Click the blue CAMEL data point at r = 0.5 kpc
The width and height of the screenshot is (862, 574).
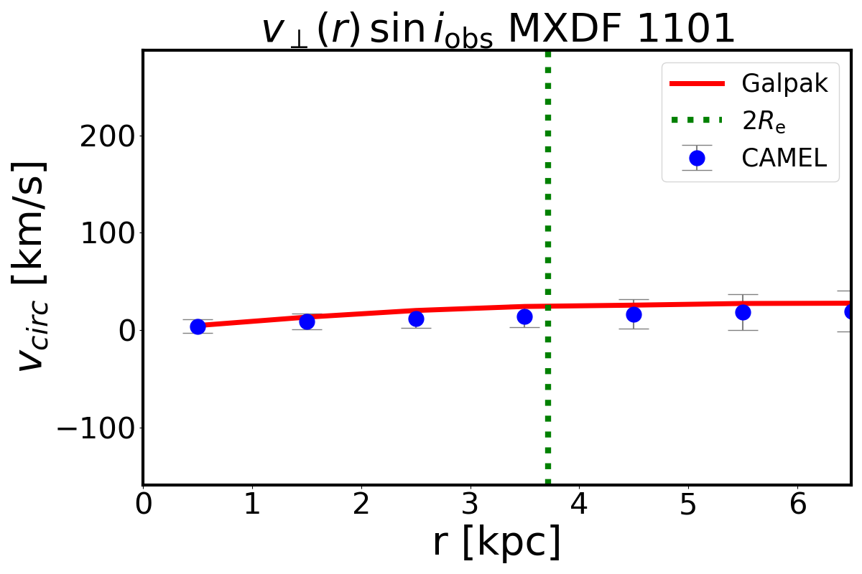pos(198,326)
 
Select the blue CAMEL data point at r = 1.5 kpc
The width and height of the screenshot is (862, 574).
pos(307,321)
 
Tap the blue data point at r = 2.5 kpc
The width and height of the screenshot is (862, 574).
pos(416,319)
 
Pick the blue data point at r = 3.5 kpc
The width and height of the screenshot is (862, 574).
pos(524,316)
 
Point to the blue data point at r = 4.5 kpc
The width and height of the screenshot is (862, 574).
pos(634,314)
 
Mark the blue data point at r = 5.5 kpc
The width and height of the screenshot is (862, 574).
pos(743,312)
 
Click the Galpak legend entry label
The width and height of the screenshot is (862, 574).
pos(785,84)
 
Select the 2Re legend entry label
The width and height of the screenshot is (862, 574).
pos(764,121)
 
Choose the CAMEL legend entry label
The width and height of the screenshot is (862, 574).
pos(784,158)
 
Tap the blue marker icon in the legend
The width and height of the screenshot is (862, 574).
pos(696,158)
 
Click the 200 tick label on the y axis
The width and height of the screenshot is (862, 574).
pos(106,136)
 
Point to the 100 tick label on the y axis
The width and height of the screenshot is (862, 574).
pos(106,233)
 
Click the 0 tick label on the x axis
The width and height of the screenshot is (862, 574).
pos(144,505)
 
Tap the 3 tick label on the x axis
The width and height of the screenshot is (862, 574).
pos(471,505)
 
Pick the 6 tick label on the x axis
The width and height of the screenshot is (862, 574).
pos(797,505)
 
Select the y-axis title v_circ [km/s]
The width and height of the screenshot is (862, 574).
pos(32,265)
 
